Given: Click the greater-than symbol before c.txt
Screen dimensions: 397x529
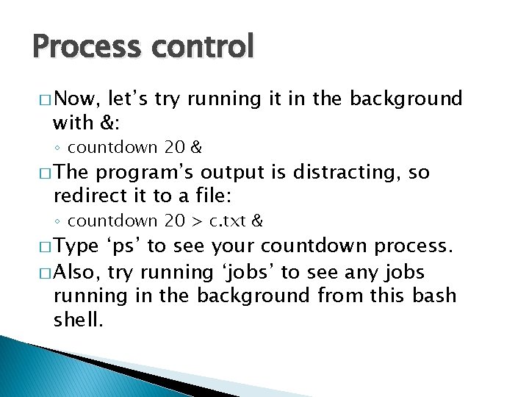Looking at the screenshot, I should [198, 221].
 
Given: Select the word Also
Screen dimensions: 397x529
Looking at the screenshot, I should [76, 272].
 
